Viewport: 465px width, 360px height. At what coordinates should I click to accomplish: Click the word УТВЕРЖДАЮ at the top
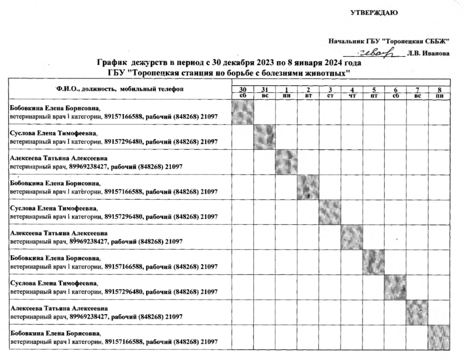374,13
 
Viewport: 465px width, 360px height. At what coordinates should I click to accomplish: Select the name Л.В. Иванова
429,53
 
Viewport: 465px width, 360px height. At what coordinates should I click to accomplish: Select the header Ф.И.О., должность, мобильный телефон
120,89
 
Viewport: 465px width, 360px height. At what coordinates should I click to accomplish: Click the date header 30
243,90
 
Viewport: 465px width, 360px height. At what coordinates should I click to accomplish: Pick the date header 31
264,90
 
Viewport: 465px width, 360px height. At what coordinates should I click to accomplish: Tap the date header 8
440,90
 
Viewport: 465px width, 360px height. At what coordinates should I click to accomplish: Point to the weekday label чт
352,96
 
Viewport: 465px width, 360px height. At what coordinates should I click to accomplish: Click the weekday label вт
308,96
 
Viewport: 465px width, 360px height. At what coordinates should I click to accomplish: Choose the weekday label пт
374,96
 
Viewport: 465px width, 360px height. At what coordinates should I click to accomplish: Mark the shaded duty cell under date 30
243,112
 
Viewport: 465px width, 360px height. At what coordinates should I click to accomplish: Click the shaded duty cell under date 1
286,162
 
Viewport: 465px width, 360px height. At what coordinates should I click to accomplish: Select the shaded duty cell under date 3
330,212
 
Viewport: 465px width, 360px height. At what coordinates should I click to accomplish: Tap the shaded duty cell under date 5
374,262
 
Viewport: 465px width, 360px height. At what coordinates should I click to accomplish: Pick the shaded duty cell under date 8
440,337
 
